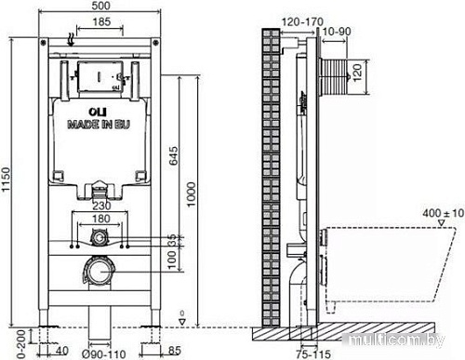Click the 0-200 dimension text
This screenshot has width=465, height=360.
8,338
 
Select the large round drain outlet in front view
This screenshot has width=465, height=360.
99,274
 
